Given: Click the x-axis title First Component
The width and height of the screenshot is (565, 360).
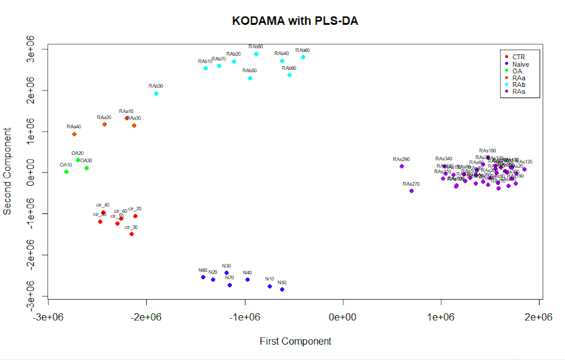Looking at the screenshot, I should [x=295, y=341].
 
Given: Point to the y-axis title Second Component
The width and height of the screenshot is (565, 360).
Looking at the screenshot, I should [x=8, y=171].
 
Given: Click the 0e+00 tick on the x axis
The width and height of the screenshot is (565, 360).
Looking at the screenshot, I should [x=343, y=317].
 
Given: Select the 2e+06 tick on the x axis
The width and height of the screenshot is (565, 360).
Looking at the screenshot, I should [x=538, y=317].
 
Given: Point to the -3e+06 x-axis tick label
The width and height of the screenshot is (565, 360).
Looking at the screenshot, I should [x=48, y=317].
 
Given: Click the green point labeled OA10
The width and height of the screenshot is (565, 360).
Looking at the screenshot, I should [x=66, y=172].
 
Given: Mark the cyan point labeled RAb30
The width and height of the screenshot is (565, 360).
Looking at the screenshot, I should [x=156, y=93].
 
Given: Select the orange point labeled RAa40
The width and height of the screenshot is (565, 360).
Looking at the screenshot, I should [x=74, y=134].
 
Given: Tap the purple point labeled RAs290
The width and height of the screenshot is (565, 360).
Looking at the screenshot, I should [x=402, y=167].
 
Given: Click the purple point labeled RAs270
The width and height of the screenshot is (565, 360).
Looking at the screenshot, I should [x=411, y=191].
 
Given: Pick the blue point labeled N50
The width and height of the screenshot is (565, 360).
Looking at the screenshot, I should [x=282, y=290].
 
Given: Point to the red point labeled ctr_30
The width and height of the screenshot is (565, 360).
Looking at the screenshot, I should [x=131, y=234].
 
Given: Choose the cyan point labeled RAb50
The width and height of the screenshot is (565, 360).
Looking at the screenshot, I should [x=250, y=78].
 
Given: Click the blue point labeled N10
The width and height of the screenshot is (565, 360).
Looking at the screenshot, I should [x=270, y=286].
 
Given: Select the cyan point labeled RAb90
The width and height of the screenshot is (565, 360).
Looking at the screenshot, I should [x=289, y=75].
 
